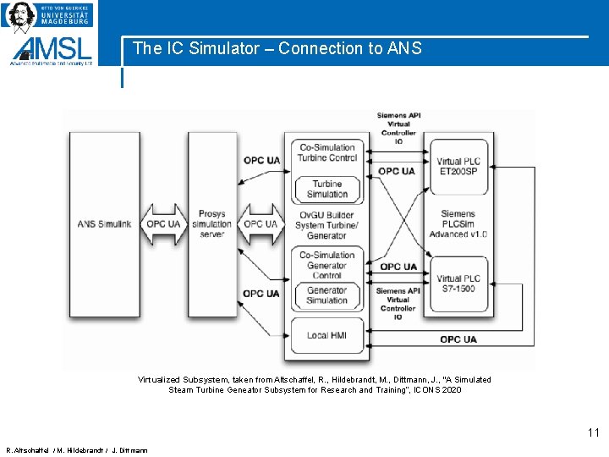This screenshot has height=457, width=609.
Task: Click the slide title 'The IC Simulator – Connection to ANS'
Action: tap(277, 48)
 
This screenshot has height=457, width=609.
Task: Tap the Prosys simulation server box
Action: tap(211, 224)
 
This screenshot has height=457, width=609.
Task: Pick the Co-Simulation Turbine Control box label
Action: tap(326, 152)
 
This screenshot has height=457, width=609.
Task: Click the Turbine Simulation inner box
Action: tap(326, 189)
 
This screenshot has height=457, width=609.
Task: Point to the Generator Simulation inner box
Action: tap(326, 295)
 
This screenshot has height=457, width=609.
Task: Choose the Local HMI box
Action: tap(326, 335)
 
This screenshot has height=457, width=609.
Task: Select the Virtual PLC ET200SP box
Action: tap(458, 166)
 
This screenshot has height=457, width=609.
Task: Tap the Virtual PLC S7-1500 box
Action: tap(458, 283)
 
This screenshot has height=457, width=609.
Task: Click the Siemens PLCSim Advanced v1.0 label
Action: tap(458, 223)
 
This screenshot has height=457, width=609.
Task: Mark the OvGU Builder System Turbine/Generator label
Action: tap(326, 224)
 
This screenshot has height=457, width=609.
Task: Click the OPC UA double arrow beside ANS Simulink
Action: tap(163, 224)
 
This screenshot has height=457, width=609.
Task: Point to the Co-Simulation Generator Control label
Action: tap(326, 265)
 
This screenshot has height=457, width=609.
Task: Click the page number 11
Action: tap(593, 433)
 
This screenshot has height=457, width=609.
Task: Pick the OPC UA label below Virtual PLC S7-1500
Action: tap(458, 339)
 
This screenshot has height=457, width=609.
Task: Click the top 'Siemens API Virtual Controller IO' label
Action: tap(398, 127)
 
